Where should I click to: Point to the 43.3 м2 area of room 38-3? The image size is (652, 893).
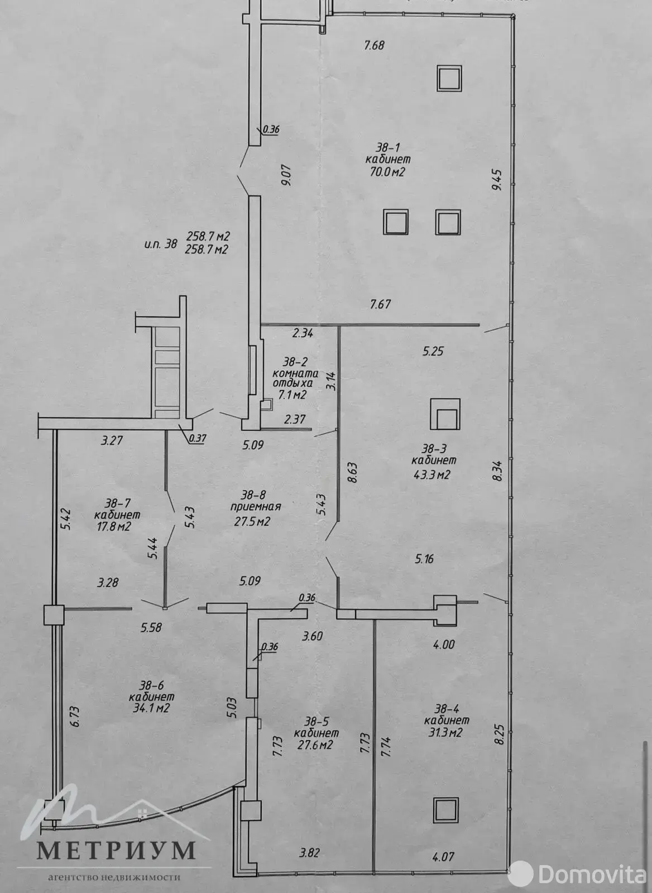(432, 476)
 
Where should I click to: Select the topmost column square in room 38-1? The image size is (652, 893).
(449, 78)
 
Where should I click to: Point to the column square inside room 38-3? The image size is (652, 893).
(445, 414)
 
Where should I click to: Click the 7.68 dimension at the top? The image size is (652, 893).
(374, 46)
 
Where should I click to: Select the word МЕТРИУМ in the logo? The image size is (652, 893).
(116, 850)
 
